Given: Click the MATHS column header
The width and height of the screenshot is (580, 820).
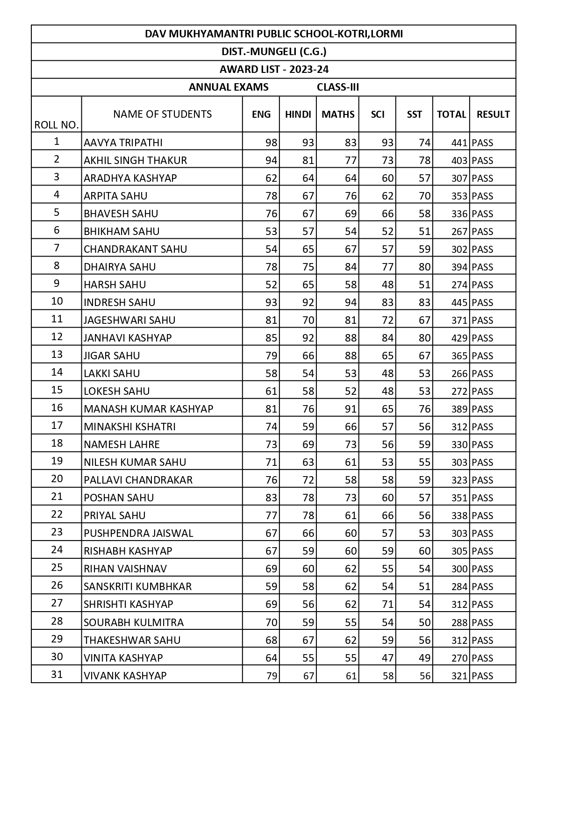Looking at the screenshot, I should pyautogui.click(x=338, y=114).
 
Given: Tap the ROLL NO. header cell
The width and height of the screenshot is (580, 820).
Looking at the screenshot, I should pyautogui.click(x=57, y=125).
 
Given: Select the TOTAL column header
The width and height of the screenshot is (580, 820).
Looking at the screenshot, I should pyautogui.click(x=451, y=114).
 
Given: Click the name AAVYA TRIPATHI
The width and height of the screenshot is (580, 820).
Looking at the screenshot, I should pyautogui.click(x=123, y=143).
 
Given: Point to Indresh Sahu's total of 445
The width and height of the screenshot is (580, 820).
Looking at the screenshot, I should pyautogui.click(x=459, y=302).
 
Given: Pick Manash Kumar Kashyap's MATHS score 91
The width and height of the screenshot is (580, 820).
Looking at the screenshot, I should pyautogui.click(x=351, y=409).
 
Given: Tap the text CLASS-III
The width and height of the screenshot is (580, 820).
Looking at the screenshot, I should pyautogui.click(x=338, y=87).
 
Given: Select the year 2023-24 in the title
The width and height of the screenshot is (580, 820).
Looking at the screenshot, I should pyautogui.click(x=309, y=69).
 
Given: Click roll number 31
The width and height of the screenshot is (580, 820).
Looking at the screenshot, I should pyautogui.click(x=57, y=674).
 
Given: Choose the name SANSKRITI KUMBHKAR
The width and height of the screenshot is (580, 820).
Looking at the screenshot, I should pyautogui.click(x=138, y=586).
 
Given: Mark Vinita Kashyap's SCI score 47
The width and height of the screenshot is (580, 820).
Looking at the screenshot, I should pyautogui.click(x=387, y=658).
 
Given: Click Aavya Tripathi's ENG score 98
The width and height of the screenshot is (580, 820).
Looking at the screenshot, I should pyautogui.click(x=271, y=143).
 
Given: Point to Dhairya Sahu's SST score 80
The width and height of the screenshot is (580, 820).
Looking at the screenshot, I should pyautogui.click(x=424, y=267).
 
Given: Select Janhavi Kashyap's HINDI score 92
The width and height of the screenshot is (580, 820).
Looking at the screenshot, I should pyautogui.click(x=308, y=338).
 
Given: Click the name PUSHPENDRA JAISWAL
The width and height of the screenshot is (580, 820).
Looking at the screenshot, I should pyautogui.click(x=138, y=533).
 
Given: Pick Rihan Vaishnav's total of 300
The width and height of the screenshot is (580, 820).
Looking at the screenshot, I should pyautogui.click(x=459, y=569).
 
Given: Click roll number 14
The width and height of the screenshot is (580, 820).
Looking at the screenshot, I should pyautogui.click(x=57, y=372).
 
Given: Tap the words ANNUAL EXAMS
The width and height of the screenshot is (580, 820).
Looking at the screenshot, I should pyautogui.click(x=229, y=87).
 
